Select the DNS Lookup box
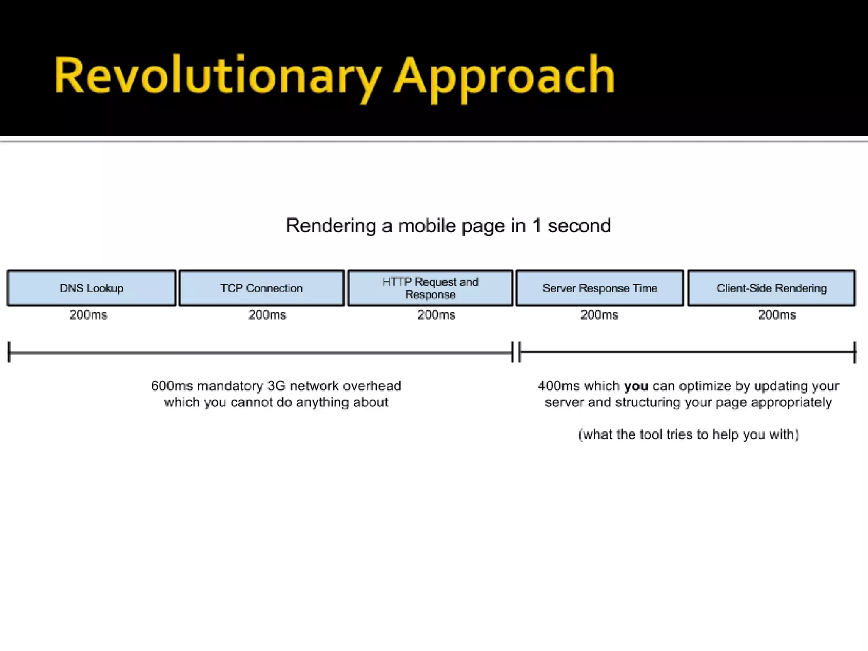coord(92,288)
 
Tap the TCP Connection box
coord(262,288)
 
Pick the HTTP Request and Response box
coord(430,288)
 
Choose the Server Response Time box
coord(600,288)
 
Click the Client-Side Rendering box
coord(771,288)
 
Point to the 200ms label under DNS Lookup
coord(89,315)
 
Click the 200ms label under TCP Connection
coord(267,315)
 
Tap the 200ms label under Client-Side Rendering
coord(777,315)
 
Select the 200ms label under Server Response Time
coord(599,315)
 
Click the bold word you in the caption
coord(636,386)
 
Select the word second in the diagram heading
coord(579,225)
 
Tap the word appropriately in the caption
coord(791,402)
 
